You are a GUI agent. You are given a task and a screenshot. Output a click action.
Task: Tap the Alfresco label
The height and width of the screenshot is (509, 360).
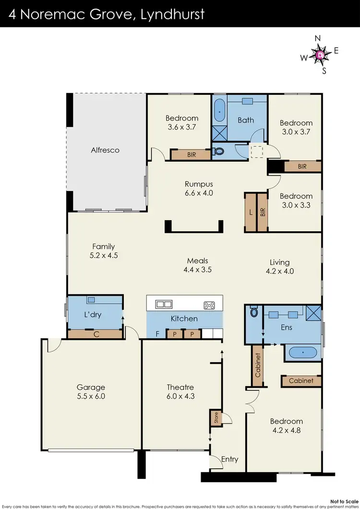(x=105, y=150)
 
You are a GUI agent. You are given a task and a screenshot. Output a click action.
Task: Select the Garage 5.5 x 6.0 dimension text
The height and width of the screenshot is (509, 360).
(x=91, y=396)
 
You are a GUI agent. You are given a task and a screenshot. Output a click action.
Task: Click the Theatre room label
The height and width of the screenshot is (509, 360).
(x=180, y=387)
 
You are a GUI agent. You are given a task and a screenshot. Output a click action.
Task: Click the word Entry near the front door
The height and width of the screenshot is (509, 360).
(x=229, y=459)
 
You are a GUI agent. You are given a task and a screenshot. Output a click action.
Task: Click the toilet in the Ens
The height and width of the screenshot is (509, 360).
(x=254, y=313)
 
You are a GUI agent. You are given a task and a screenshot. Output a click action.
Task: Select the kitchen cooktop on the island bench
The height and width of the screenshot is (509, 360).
(x=209, y=304)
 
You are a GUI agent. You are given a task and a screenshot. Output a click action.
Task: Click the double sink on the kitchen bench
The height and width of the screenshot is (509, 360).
(x=164, y=304)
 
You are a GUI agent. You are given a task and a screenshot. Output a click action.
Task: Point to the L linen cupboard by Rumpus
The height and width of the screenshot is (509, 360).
(x=251, y=212)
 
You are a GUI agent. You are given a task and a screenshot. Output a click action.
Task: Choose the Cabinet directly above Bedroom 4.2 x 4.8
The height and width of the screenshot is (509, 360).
(x=301, y=381)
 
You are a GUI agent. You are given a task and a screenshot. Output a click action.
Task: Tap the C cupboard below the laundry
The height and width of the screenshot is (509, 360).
(x=96, y=335)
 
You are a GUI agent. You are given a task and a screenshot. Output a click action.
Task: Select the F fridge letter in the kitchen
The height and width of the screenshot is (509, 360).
(x=157, y=334)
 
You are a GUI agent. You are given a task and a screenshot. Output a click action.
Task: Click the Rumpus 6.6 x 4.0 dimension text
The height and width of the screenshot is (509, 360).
(x=199, y=193)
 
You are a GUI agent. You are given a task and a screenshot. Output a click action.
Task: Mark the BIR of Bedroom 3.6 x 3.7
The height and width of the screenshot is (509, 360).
(x=191, y=154)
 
